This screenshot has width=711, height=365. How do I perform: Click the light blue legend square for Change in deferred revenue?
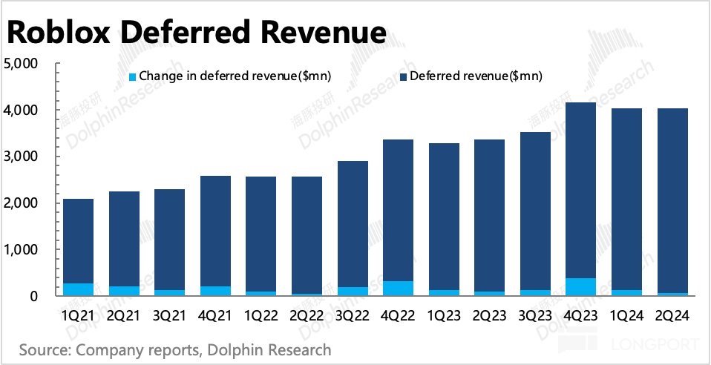pyautogui.click(x=133, y=76)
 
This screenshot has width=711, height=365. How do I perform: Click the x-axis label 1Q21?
pyautogui.click(x=79, y=316)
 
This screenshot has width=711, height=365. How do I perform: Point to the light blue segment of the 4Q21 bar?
pyautogui.click(x=215, y=291)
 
